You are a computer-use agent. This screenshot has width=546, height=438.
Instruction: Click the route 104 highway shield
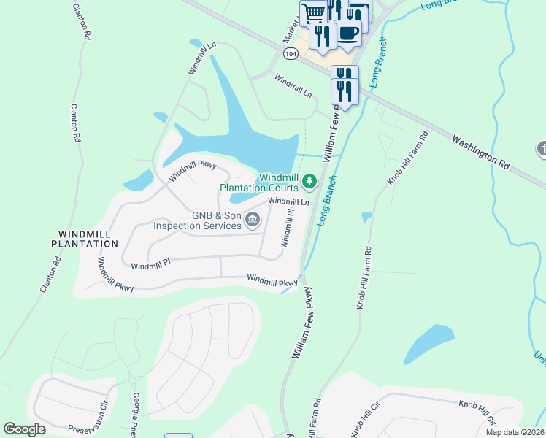point(292,54)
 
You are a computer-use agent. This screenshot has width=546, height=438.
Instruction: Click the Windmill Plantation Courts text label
point(260,182)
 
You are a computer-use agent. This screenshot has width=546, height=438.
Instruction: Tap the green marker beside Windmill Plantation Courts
point(309,180)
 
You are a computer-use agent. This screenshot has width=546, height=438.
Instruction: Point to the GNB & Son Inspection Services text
point(197,220)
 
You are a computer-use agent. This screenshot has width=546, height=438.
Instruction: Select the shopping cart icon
point(313,12)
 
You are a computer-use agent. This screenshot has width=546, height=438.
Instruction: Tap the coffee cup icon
point(347,32)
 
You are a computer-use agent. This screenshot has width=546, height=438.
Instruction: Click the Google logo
point(25,429)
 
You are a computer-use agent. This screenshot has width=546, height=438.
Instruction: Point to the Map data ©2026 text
point(515,432)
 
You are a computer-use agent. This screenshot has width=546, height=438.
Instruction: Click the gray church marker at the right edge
point(542,149)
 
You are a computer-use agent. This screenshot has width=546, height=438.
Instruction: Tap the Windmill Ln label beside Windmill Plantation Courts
point(289,201)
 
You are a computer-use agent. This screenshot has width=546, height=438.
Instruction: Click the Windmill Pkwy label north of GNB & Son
point(193,171)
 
